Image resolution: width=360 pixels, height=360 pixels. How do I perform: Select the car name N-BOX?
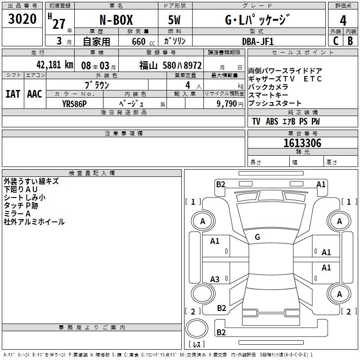point(116,21)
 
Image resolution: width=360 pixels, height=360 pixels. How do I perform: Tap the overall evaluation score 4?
point(343,21)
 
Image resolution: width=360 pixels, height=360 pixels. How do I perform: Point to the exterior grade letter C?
point(335,40)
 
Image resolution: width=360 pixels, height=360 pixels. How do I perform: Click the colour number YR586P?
point(74,103)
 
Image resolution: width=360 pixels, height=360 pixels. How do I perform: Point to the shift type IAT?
point(13,94)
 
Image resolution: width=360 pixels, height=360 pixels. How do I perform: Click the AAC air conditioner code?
point(35,94)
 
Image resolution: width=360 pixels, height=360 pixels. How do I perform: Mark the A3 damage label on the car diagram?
point(215,279)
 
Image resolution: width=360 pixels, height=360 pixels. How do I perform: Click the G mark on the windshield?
point(257,237)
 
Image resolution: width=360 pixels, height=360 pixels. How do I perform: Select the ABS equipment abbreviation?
point(272,121)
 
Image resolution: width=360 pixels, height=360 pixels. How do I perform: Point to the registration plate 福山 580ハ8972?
point(170,65)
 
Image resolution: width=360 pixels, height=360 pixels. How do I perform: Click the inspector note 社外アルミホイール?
point(34,222)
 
